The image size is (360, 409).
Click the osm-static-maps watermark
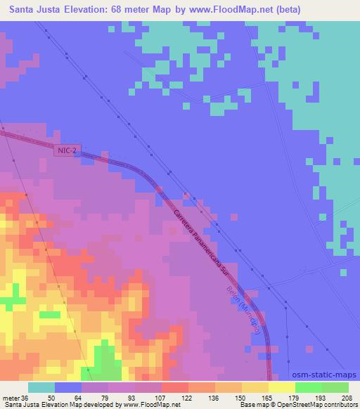tap(326, 375)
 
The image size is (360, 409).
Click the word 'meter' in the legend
tap(11, 397)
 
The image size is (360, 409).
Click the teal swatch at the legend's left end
tap(41, 387)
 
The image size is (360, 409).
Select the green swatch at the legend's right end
tap(335, 387)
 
